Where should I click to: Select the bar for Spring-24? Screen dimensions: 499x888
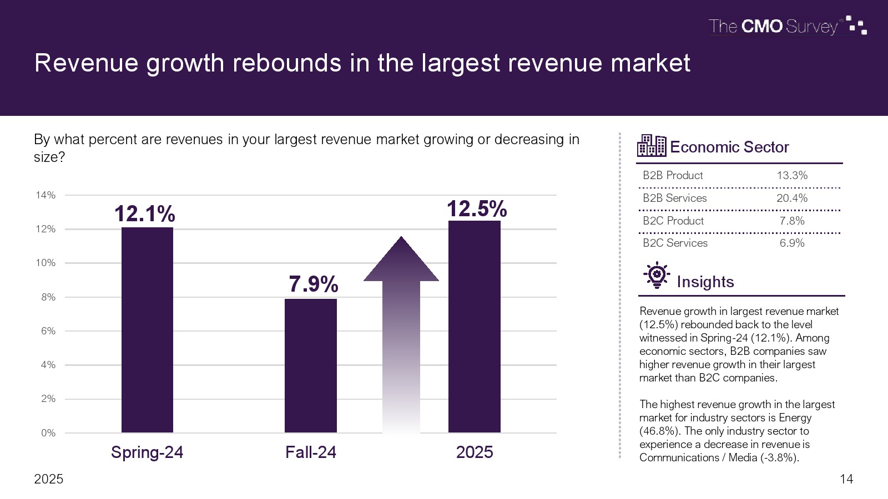pyautogui.click(x=147, y=330)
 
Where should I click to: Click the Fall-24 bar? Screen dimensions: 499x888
pyautogui.click(x=311, y=366)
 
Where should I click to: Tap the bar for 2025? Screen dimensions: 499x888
pyautogui.click(x=475, y=327)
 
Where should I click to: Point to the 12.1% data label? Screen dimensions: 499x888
pyautogui.click(x=145, y=214)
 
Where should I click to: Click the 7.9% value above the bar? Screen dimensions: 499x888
pyautogui.click(x=314, y=284)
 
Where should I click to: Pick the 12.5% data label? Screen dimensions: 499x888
pyautogui.click(x=477, y=209)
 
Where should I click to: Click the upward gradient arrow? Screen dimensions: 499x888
pyautogui.click(x=401, y=333)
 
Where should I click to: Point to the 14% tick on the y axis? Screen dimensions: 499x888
pyautogui.click(x=46, y=195)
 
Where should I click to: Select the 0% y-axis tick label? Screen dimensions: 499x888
pyautogui.click(x=48, y=433)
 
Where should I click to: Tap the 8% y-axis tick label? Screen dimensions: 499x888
pyautogui.click(x=48, y=297)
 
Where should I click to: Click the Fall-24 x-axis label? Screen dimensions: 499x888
pyautogui.click(x=311, y=452)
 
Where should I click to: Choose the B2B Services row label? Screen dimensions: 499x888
pyautogui.click(x=675, y=198)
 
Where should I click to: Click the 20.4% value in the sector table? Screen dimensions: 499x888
pyautogui.click(x=792, y=198)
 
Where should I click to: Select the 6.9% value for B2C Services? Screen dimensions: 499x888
pyautogui.click(x=792, y=243)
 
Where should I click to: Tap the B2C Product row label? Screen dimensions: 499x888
pyautogui.click(x=673, y=221)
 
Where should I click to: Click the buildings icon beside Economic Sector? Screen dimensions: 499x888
pyautogui.click(x=652, y=146)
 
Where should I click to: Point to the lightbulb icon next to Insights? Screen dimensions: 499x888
pyautogui.click(x=657, y=275)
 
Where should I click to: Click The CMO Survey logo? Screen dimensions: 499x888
pyautogui.click(x=787, y=26)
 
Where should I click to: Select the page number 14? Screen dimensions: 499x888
pyautogui.click(x=846, y=479)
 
